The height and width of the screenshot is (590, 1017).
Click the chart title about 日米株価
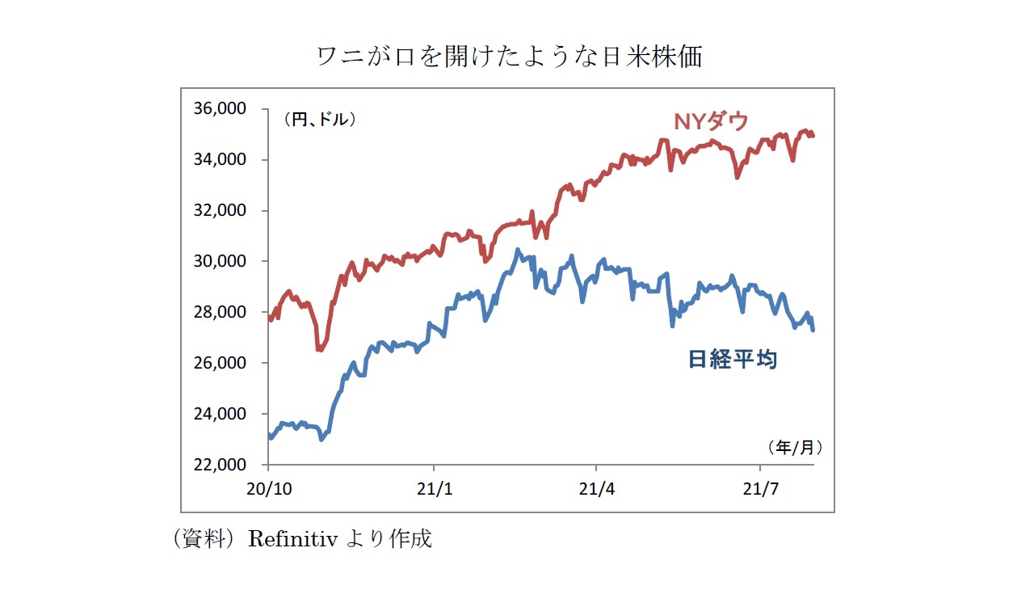[509, 57]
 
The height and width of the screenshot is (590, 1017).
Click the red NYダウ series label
[711, 122]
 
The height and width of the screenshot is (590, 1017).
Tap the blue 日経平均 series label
[733, 360]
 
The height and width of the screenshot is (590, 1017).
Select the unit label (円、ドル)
[319, 120]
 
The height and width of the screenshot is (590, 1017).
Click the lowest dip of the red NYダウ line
[319, 350]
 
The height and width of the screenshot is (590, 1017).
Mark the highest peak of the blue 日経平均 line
[518, 250]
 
